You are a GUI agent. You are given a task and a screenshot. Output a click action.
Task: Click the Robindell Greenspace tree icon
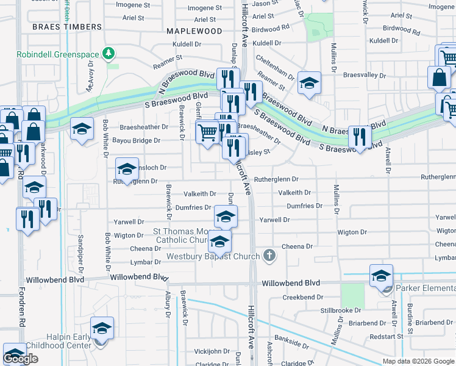109,54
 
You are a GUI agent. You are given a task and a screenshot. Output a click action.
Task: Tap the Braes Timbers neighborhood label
67,27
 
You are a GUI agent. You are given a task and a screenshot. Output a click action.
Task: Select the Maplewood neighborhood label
194,30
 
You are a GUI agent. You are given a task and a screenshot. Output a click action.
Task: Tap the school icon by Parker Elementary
381,275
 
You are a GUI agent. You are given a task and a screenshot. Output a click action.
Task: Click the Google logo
20,359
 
